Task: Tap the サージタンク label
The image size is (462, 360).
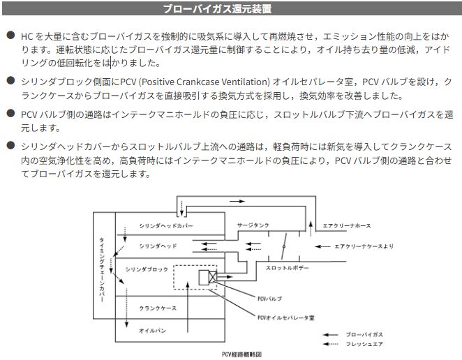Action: (251, 226)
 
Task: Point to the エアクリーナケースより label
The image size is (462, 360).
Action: (364, 246)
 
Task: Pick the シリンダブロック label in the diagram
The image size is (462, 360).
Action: (147, 268)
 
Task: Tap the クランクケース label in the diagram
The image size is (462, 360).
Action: (158, 308)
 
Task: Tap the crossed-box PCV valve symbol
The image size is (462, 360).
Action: (208, 278)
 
